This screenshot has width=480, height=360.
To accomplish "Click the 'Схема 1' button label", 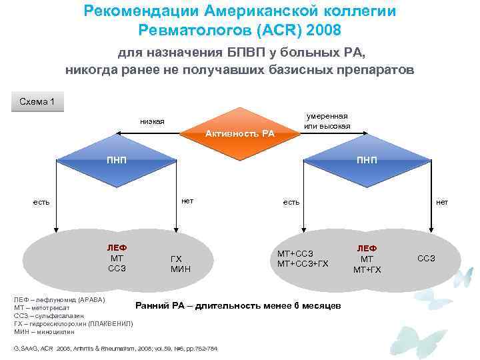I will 38,101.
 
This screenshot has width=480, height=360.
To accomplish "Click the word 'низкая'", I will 152,121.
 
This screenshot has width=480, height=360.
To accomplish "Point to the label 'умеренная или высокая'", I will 326,121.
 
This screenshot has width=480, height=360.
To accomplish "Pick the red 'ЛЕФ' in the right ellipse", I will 367,248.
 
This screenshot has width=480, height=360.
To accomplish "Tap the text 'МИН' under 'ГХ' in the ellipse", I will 180,269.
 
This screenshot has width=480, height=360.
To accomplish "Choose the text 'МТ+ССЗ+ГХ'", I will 303,264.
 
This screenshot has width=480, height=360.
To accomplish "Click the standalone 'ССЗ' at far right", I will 426,258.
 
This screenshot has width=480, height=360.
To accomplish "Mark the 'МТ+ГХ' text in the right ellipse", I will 367,269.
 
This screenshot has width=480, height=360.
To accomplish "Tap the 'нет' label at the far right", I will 442,201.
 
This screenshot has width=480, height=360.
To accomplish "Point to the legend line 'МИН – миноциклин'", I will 44,331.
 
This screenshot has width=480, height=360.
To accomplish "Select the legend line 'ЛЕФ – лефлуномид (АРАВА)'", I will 59,300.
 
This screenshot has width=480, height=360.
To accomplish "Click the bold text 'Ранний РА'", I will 162,305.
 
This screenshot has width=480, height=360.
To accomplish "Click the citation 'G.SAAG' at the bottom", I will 27,349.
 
